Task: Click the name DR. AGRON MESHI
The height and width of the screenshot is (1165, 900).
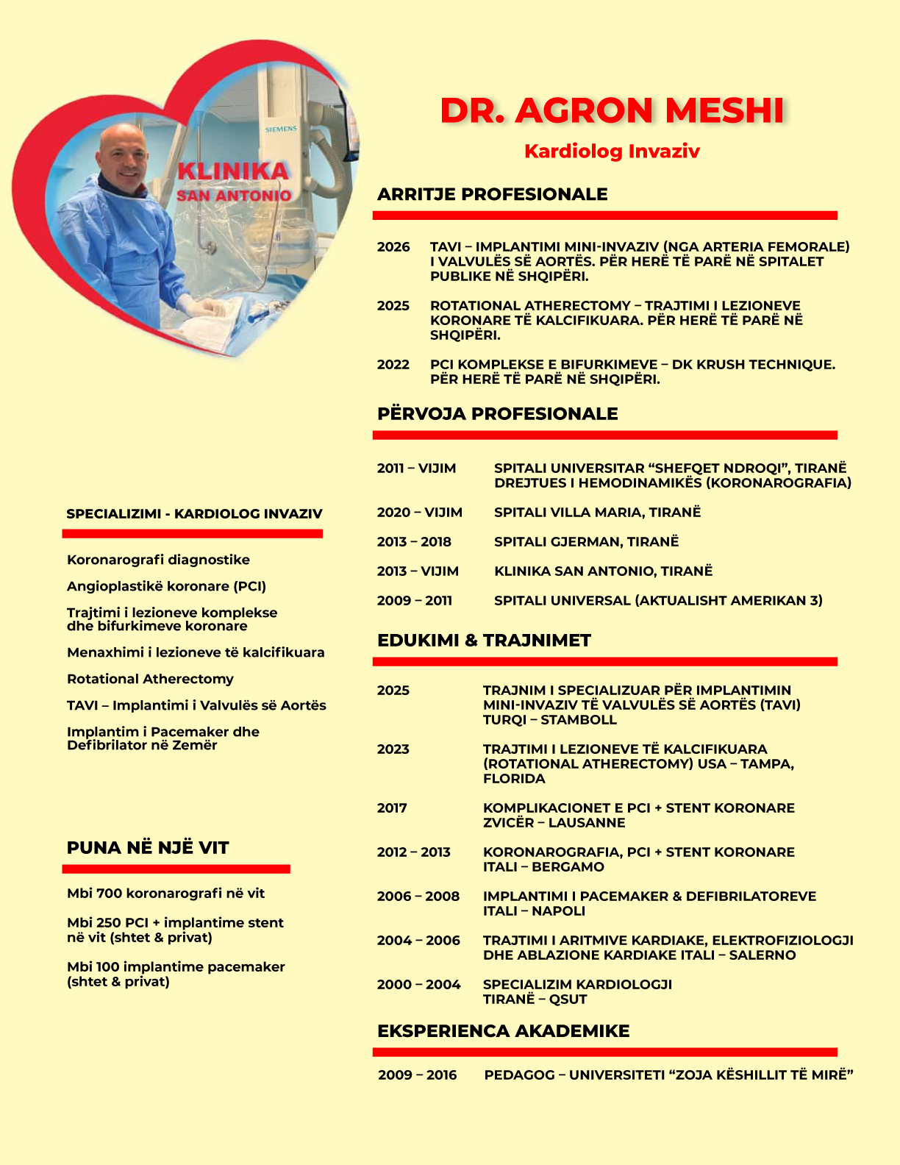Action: click(x=612, y=111)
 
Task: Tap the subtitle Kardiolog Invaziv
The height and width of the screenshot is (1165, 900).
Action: click(x=612, y=152)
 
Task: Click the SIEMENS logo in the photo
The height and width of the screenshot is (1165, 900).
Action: click(x=281, y=129)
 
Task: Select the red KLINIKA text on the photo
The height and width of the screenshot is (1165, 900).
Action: click(x=233, y=171)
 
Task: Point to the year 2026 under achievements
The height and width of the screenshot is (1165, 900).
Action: click(x=393, y=247)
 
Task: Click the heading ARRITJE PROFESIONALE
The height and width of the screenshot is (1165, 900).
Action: click(x=492, y=194)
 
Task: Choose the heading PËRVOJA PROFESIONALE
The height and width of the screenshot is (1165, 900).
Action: click(x=497, y=413)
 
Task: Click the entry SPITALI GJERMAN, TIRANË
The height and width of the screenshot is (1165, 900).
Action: click(x=586, y=542)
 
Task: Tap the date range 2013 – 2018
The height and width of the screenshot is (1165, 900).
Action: click(x=414, y=542)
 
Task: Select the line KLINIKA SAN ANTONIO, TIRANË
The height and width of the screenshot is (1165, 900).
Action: click(x=603, y=571)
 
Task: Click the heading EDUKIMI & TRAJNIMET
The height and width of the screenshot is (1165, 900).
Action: click(x=484, y=641)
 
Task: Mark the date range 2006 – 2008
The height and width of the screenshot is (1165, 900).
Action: click(x=418, y=897)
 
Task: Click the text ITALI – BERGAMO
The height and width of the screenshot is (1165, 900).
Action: click(x=543, y=867)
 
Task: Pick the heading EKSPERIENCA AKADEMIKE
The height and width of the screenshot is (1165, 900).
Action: click(x=503, y=1031)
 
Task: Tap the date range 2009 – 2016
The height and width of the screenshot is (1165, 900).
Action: click(x=417, y=1075)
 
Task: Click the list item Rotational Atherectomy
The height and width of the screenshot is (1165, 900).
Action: click(x=150, y=679)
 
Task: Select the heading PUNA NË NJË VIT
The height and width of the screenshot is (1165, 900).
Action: click(x=148, y=848)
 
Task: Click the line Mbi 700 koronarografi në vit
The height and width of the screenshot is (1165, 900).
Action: click(x=165, y=894)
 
